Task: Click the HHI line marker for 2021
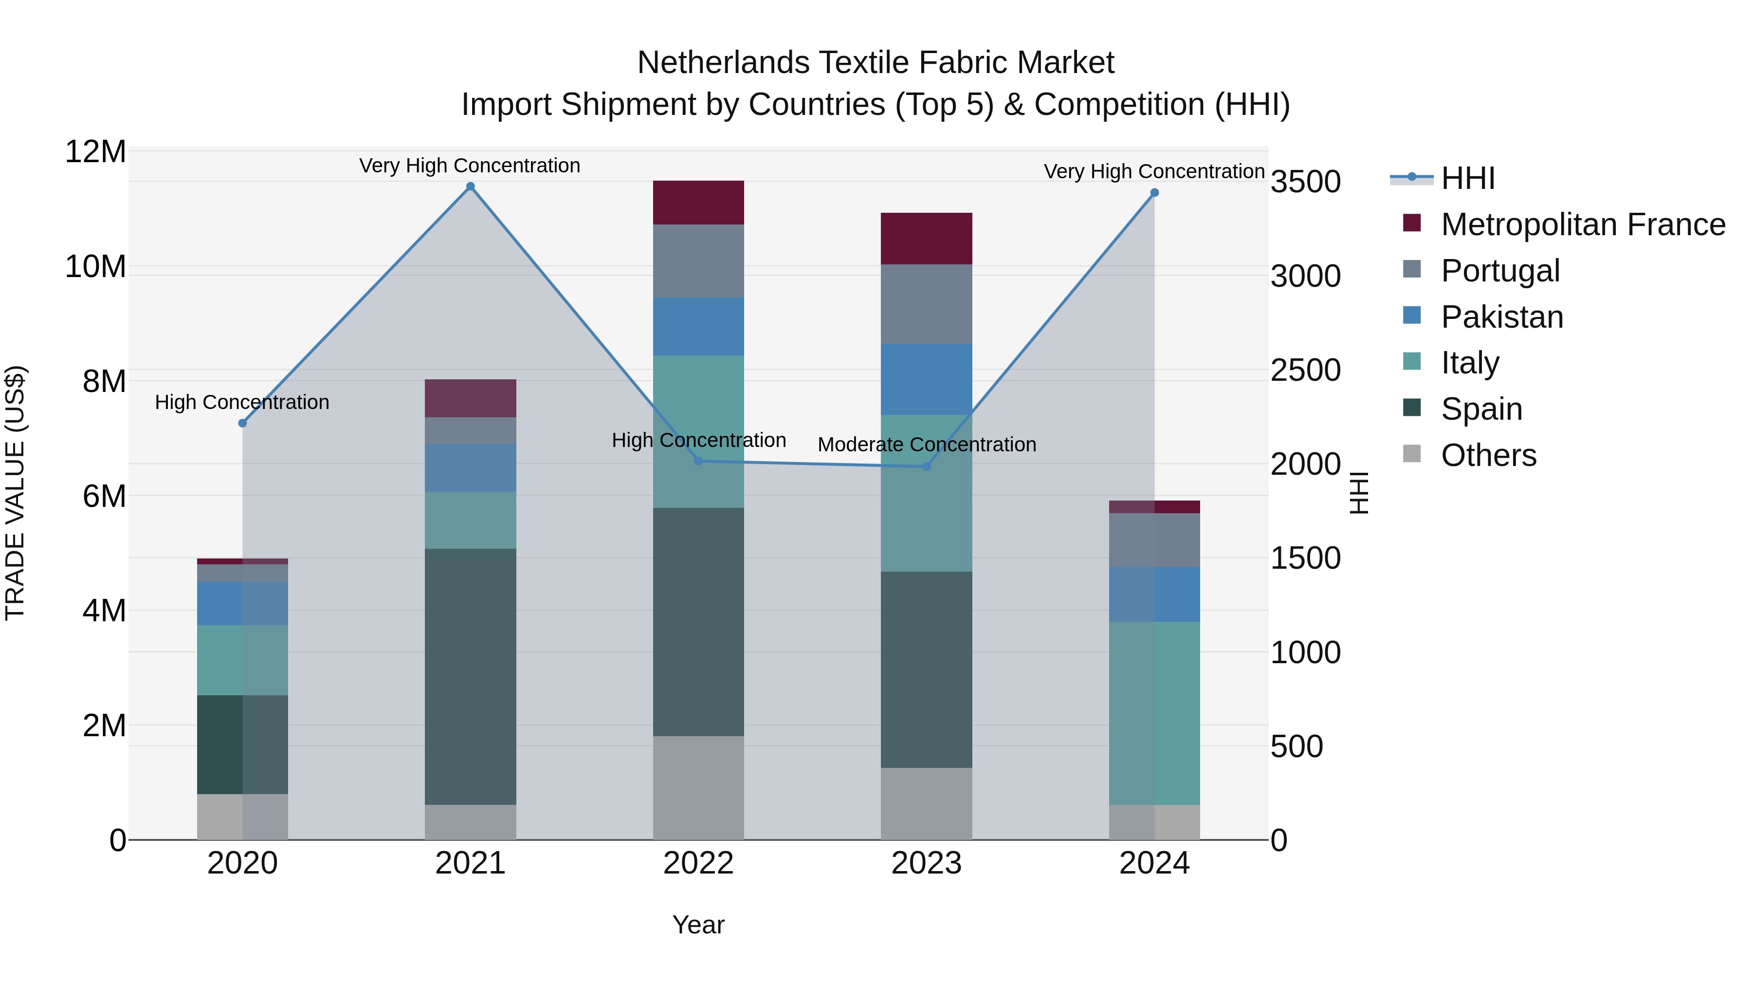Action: (470, 186)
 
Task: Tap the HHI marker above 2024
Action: (1154, 192)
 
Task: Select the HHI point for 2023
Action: (926, 467)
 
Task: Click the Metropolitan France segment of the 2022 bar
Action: (698, 202)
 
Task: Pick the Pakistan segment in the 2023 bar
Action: (926, 379)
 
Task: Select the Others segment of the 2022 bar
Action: (698, 787)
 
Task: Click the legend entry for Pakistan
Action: (1502, 317)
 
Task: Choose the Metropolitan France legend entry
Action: (1582, 224)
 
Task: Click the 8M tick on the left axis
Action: (104, 381)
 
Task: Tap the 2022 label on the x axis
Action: (698, 863)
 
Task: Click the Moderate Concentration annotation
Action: (926, 445)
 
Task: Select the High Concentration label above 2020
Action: (242, 402)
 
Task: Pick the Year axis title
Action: (698, 925)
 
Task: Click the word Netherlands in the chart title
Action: (723, 63)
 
